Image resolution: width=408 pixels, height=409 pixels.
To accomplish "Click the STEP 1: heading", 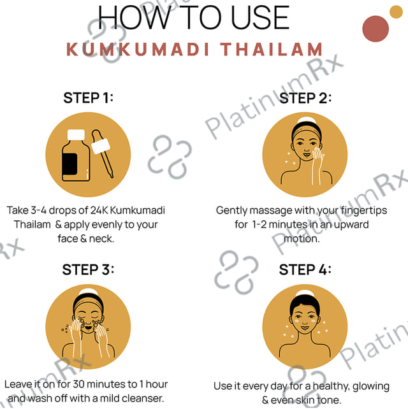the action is (x=88, y=98).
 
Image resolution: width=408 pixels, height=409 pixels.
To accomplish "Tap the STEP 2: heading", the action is (x=305, y=98).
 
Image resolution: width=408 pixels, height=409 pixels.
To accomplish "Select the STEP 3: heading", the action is (x=88, y=269).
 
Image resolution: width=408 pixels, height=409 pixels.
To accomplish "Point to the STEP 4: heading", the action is (x=305, y=269).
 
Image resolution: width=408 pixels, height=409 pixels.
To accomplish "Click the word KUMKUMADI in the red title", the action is (x=138, y=49).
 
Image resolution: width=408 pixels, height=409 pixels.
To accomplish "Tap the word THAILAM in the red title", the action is (x=272, y=49).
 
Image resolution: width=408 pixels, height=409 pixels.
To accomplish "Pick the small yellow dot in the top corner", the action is (x=396, y=11).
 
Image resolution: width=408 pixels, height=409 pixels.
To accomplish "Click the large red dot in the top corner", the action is (x=375, y=29).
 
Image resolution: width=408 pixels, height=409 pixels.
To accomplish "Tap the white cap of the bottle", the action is (x=76, y=135).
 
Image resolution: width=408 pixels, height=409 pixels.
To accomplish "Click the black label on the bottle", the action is (x=69, y=164).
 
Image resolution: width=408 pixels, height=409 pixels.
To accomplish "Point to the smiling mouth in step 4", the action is (x=305, y=327).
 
